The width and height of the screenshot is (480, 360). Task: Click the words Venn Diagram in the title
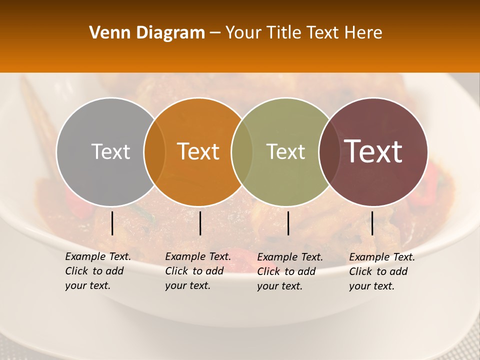147,33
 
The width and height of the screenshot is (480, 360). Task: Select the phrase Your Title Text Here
303,33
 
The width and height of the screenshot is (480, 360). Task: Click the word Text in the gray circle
110,151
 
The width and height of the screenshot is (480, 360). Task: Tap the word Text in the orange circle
198,151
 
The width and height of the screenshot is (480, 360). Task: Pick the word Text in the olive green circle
285,151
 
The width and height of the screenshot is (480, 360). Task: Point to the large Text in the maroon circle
373,151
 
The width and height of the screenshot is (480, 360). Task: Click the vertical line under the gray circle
112,223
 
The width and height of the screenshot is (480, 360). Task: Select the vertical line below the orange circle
200,223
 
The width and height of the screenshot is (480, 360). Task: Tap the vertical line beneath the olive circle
288,223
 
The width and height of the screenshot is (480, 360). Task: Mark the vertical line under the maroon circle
372,223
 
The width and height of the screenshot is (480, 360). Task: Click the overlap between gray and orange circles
154,151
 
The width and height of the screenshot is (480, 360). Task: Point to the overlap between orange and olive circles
242,151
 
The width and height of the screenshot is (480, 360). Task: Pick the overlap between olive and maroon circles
328,151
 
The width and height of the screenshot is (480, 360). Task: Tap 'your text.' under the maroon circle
371,286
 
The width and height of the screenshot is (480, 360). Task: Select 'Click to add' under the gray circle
94,271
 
